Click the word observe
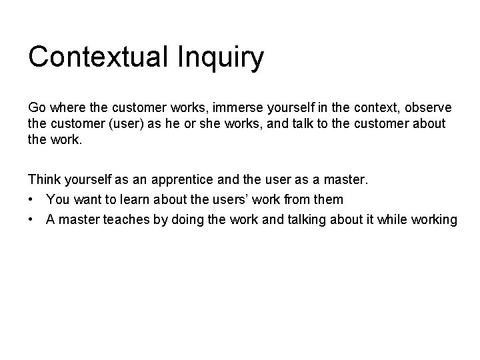[427, 107]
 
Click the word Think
[43, 179]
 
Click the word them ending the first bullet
[328, 199]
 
